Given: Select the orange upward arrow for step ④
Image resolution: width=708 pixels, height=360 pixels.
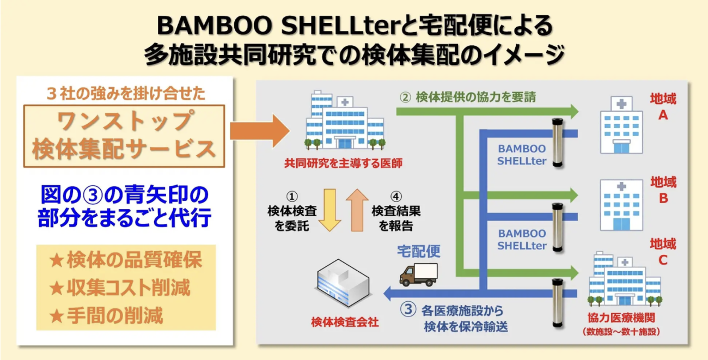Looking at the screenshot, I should (357, 210).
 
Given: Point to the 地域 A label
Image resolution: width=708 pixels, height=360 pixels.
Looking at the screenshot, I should (663, 107).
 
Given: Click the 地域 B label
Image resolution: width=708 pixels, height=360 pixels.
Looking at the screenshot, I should (663, 190).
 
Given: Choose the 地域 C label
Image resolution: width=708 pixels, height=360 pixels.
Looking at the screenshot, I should (663, 252).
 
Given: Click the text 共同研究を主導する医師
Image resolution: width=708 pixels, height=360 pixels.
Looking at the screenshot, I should (343, 163).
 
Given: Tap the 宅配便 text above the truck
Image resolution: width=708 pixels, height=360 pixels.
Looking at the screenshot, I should (418, 251).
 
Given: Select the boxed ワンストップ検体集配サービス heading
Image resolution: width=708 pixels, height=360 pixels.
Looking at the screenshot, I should (124, 136).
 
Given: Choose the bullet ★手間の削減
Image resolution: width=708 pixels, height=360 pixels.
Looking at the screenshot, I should (106, 315).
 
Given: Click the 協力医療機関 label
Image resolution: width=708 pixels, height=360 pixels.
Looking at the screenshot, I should (620, 319).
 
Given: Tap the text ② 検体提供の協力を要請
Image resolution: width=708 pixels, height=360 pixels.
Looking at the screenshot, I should (468, 97).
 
